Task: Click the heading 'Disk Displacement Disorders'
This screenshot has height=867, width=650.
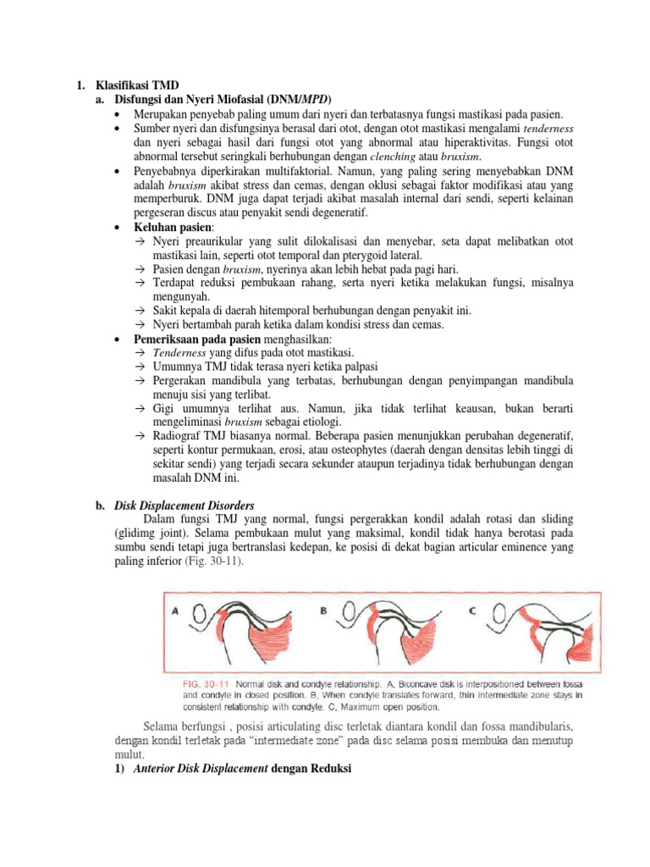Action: [185, 505]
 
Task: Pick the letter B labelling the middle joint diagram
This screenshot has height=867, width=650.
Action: [323, 609]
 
